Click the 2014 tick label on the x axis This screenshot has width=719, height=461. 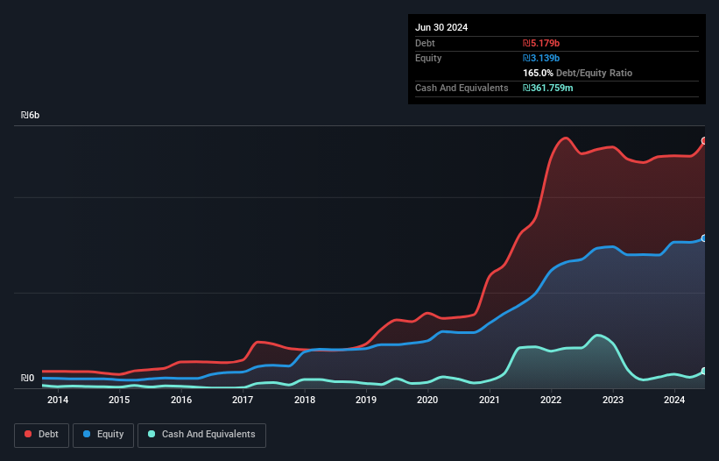tap(58, 401)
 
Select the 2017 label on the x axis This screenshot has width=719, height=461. tap(243, 401)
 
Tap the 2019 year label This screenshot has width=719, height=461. tap(366, 401)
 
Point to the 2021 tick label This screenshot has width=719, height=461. tap(490, 401)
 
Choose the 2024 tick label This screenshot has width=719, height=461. tap(674, 401)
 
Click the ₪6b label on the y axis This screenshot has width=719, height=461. tap(31, 116)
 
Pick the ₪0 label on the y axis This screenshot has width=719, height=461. tap(27, 379)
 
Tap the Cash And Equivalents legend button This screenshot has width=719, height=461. tap(201, 434)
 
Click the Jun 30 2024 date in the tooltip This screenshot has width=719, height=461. tap(441, 27)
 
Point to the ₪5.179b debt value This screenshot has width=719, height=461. tap(540, 43)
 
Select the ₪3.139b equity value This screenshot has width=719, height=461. tap(541, 58)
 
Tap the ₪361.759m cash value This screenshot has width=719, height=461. tap(548, 88)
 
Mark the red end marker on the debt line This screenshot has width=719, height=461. tap(704, 141)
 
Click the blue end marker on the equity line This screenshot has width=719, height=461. tap(704, 238)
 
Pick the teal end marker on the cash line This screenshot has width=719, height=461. tap(704, 372)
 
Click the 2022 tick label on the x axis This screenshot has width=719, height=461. tap(551, 401)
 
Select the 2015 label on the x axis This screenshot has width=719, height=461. tap(119, 401)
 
